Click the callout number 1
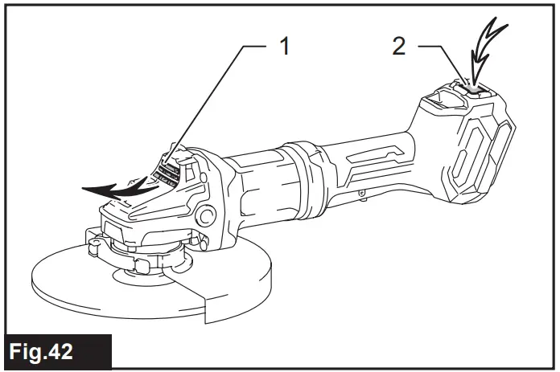click(284, 46)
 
